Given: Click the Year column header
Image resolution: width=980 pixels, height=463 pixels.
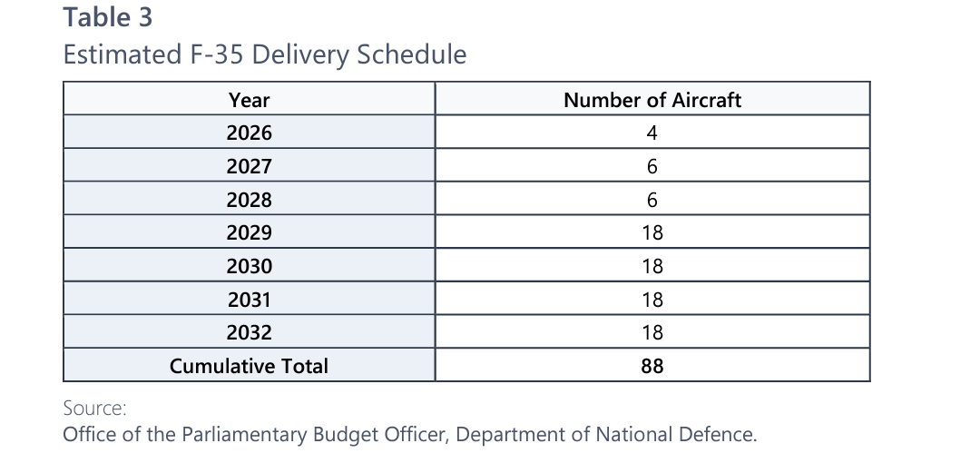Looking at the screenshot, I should (x=249, y=100).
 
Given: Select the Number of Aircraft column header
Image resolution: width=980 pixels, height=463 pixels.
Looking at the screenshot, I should (x=652, y=100).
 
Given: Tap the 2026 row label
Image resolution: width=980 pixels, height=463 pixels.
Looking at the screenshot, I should (x=249, y=133).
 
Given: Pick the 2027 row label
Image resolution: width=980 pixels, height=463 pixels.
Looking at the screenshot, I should (x=249, y=167).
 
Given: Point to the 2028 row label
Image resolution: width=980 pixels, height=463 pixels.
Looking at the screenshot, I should (x=249, y=200).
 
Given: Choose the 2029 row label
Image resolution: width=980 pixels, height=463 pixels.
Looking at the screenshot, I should (x=249, y=233).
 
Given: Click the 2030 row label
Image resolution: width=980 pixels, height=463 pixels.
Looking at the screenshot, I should (x=249, y=266).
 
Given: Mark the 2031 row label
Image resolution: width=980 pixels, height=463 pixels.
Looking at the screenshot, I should (x=249, y=300).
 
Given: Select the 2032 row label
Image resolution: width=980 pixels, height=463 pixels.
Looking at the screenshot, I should (x=249, y=332).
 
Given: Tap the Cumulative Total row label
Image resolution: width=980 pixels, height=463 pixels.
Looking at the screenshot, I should (x=249, y=366).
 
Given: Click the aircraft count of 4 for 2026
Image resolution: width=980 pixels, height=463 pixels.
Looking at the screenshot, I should (x=652, y=133).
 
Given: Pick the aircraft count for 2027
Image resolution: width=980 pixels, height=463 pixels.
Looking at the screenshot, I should (x=652, y=167).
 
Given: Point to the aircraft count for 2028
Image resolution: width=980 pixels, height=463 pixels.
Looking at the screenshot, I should (x=652, y=200).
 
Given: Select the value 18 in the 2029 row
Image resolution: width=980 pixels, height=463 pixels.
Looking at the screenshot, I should (x=652, y=233).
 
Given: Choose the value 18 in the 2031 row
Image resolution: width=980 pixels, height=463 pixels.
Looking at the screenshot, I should (x=652, y=300).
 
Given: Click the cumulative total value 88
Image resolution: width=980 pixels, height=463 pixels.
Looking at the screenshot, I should (x=652, y=366).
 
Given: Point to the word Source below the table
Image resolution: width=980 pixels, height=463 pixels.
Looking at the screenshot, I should (x=93, y=407).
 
